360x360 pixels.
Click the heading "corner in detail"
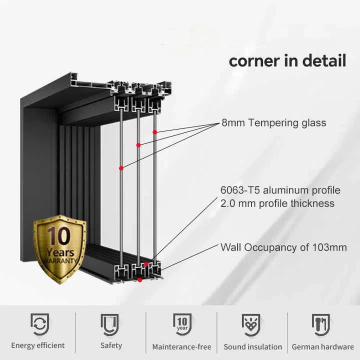pos(287,61)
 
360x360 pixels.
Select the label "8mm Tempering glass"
pos(273,123)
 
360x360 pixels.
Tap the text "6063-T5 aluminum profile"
pos(280,190)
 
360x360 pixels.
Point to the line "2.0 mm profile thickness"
pos(277,203)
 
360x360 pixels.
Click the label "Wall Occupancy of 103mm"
pos(283,247)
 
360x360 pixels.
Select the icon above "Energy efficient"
pos(38,324)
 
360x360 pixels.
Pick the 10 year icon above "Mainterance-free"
pos(182,324)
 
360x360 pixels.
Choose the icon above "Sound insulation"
pos(252,324)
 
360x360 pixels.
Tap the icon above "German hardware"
pos(322,324)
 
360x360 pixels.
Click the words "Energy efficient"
pos(38,345)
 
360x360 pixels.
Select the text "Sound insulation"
pos(252,346)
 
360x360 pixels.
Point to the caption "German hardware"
pos(322,346)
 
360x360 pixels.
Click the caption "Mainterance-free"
pos(181,346)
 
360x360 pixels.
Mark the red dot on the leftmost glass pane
pos(121,168)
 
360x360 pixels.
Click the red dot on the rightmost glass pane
pos(155,132)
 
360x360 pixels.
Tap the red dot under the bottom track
pos(139,280)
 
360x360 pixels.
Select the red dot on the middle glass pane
pos(138,145)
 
